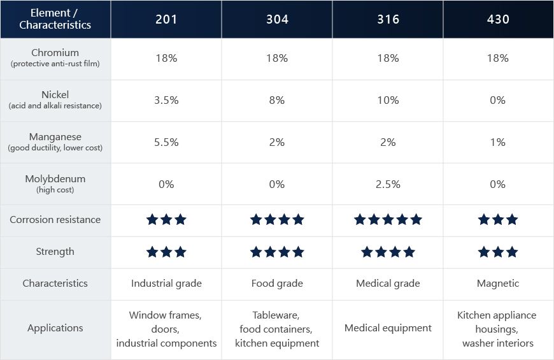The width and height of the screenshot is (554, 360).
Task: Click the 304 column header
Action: coord(277,19)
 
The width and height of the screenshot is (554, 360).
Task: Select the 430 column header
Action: coord(498,19)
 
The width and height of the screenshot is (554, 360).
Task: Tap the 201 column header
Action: coord(166,19)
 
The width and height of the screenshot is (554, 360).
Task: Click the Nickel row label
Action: coord(55,99)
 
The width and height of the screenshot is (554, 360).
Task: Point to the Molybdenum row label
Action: coord(55,184)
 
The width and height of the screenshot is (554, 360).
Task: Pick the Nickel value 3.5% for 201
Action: coord(166,100)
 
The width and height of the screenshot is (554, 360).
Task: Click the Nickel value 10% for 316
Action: coord(388,100)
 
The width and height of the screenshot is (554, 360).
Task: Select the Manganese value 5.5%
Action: coord(166,142)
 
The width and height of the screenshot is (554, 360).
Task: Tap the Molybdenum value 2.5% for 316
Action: coord(388,184)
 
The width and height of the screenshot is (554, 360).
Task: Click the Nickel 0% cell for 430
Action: coord(498,100)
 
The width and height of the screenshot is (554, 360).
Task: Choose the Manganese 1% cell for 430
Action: coord(498,142)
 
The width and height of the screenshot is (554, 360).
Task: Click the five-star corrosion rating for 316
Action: coord(388,220)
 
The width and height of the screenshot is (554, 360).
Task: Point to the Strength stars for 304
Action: coord(277,252)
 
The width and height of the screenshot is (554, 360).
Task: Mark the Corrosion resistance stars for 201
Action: coord(166,220)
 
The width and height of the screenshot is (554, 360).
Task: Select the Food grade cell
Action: coord(277,284)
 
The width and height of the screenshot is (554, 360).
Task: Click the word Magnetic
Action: coord(498,284)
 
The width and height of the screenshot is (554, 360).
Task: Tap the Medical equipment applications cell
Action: coord(388,328)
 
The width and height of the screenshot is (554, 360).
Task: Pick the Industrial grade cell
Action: coord(166,284)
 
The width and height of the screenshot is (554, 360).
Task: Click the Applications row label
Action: coord(55,328)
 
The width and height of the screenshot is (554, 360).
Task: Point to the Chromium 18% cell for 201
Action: coord(166,58)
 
